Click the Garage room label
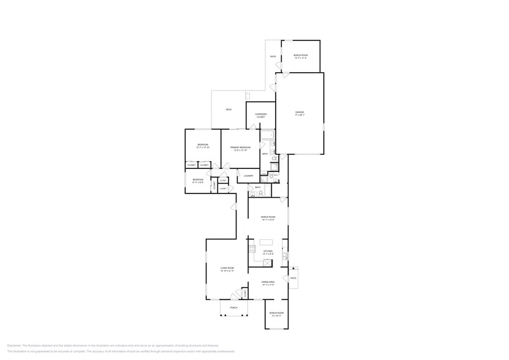(x=300, y=113)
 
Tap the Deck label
(x=228, y=110)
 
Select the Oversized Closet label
(x=261, y=115)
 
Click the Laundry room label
(x=248, y=176)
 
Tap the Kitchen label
(x=268, y=252)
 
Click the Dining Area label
(x=268, y=283)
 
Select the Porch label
(x=233, y=307)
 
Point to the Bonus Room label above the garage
(x=300, y=56)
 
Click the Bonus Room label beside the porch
(x=277, y=313)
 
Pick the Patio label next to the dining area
(x=293, y=278)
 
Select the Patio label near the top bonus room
(x=273, y=57)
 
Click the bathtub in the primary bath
(x=268, y=137)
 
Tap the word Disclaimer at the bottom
(x=16, y=345)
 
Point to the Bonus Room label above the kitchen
(x=268, y=217)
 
